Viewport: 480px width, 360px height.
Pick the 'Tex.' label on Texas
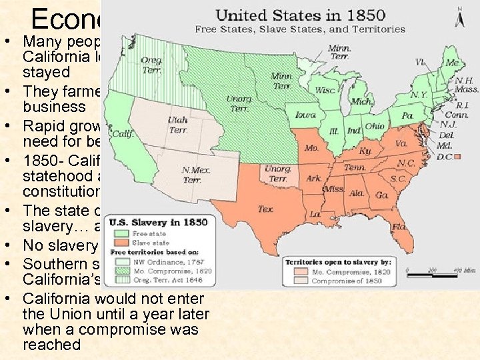coord(265,209)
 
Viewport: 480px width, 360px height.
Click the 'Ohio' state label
coord(374,126)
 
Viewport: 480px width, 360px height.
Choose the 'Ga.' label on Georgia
coord(381,196)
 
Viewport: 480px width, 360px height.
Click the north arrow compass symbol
coord(459,17)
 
